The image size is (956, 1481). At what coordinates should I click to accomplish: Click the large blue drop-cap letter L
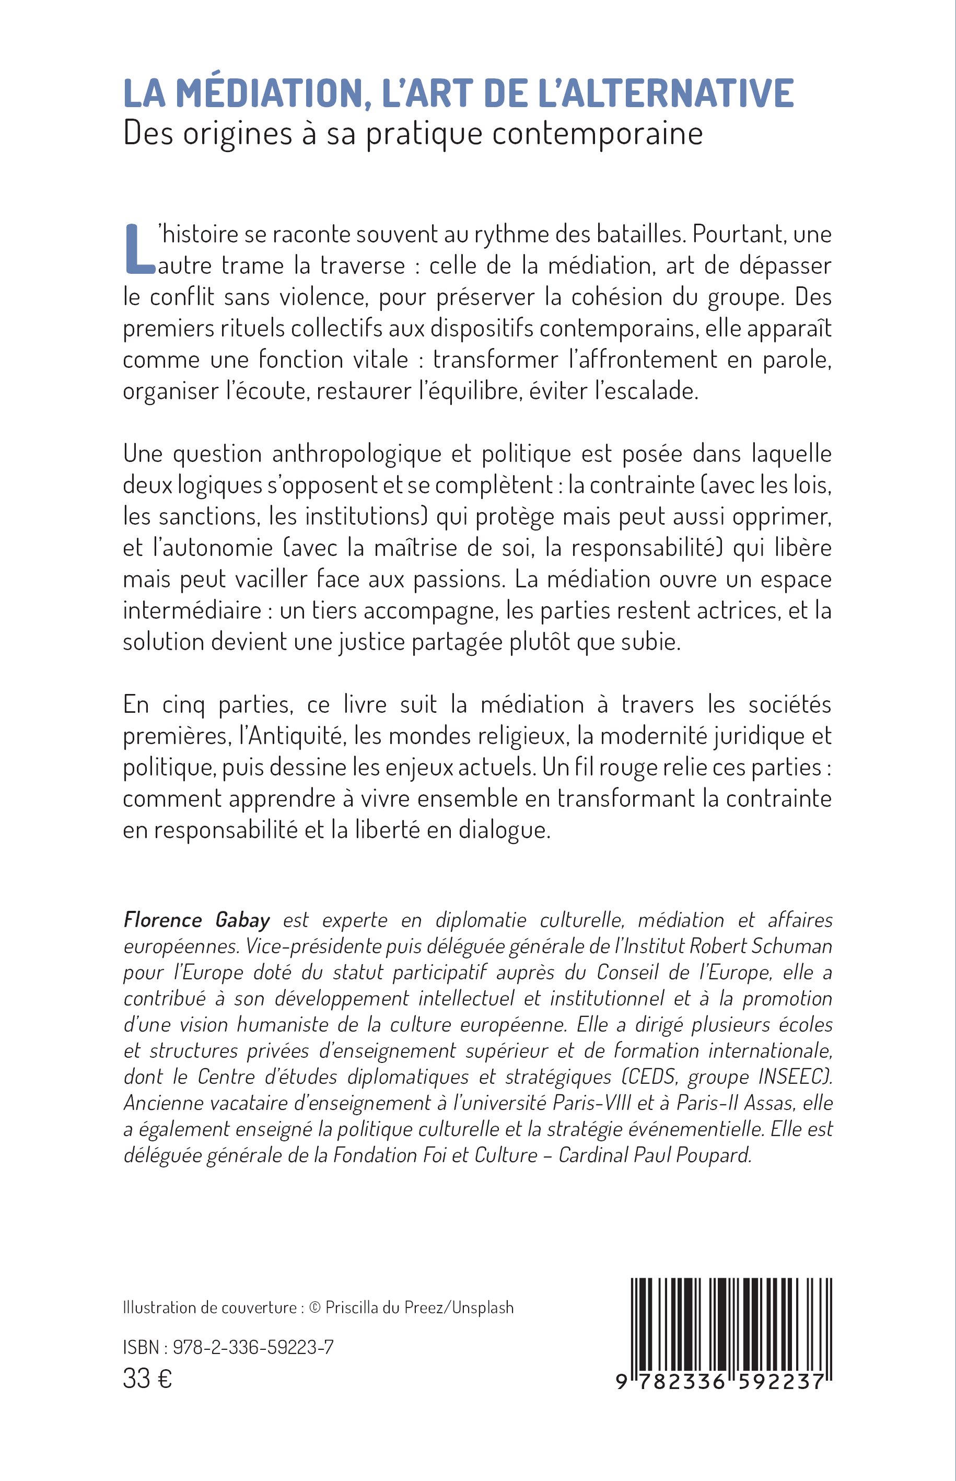[x=138, y=248]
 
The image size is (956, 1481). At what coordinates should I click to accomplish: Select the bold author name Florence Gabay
[x=197, y=920]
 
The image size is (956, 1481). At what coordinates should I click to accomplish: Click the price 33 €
[x=147, y=1379]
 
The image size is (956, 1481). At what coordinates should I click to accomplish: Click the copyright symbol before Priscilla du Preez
[x=314, y=1308]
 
